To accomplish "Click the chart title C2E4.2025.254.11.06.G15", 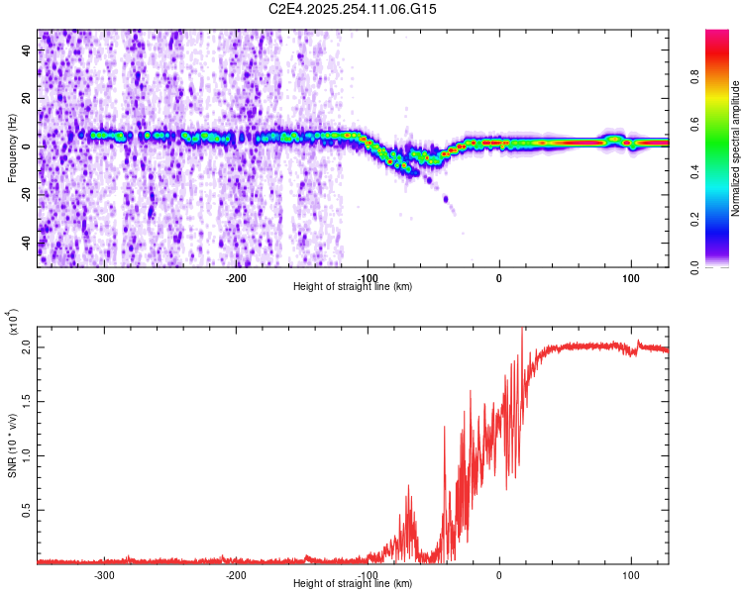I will click(x=353, y=9).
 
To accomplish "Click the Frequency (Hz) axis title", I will click(x=12, y=148).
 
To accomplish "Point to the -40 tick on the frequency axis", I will click(x=26, y=243).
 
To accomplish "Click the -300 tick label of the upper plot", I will click(x=104, y=277).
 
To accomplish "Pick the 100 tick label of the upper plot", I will click(x=630, y=277).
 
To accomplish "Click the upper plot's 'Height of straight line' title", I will click(x=353, y=287).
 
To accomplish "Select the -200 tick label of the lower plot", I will click(x=236, y=575).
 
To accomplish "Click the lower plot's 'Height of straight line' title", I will click(x=353, y=584).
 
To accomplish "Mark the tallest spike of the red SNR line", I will click(x=522, y=330).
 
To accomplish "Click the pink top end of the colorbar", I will click(x=717, y=35).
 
